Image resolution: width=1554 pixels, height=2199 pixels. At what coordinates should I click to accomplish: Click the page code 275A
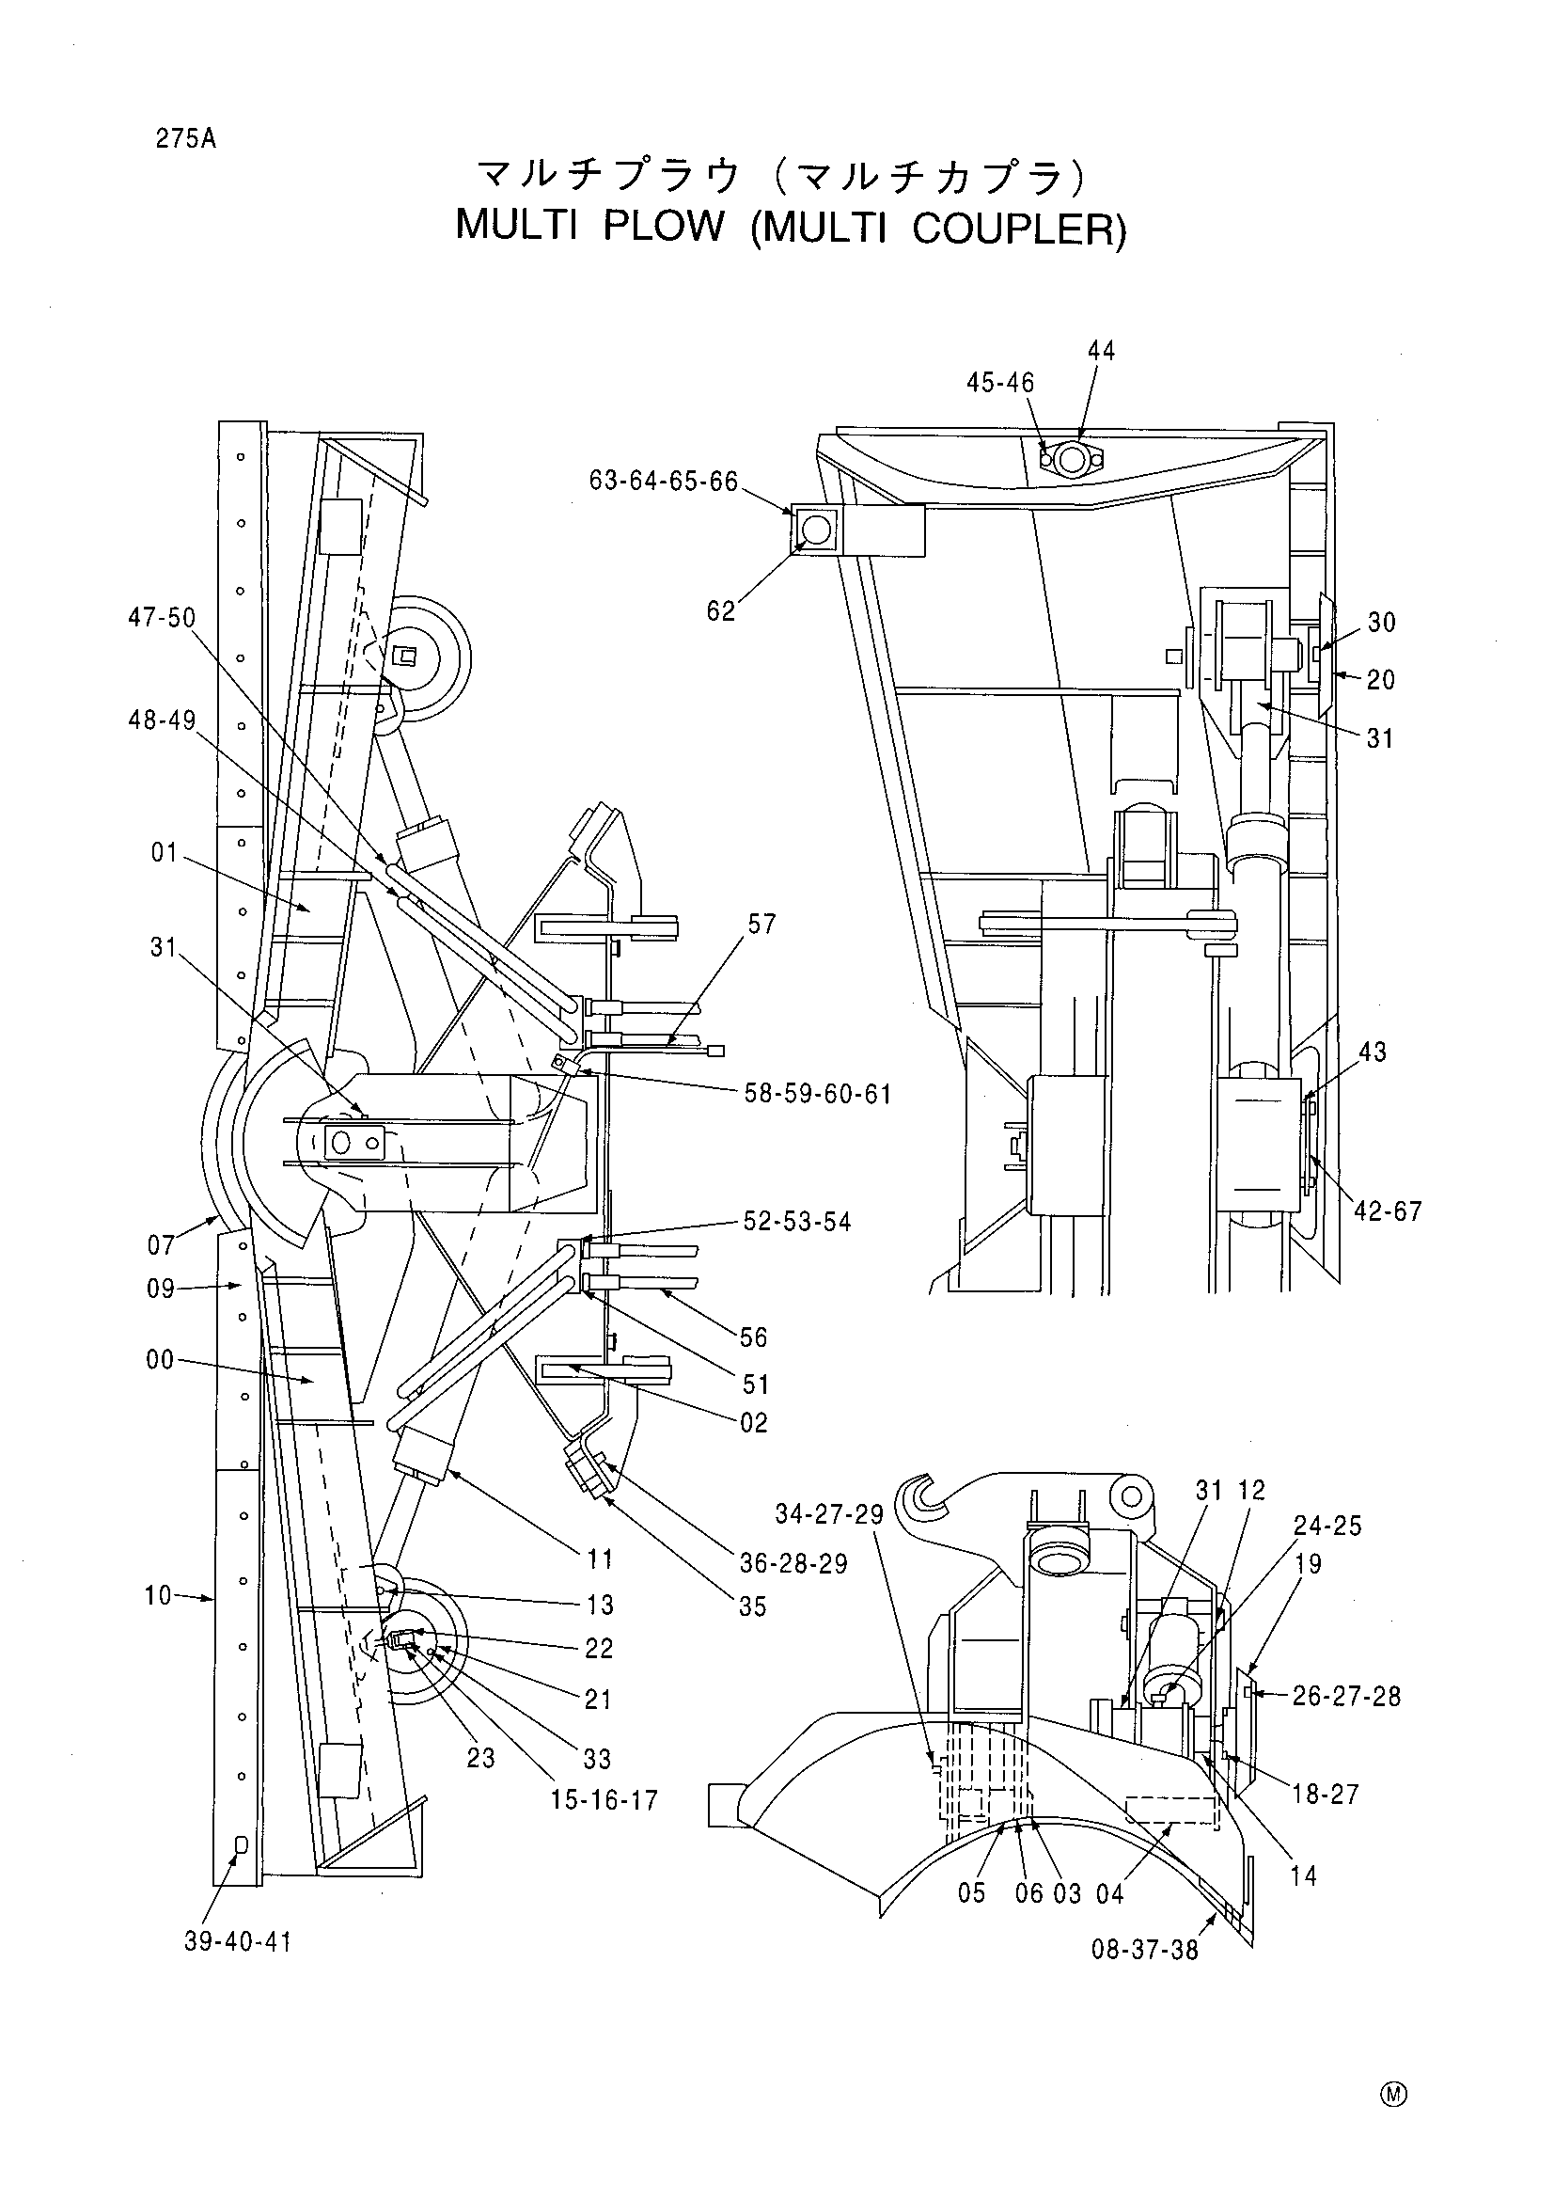187,139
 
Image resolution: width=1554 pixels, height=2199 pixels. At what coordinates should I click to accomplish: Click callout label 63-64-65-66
664,481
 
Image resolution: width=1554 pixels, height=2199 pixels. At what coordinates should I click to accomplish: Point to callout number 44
1101,352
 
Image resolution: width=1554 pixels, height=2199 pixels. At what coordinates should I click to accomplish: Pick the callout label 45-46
1000,383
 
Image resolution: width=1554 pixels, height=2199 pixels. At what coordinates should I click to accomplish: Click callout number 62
721,611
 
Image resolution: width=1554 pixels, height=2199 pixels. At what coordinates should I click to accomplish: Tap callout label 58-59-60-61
818,1094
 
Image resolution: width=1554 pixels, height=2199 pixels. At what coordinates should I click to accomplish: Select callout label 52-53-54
797,1222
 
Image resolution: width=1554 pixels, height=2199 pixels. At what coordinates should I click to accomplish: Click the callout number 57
762,925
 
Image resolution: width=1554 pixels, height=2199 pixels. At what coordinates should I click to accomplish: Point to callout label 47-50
162,618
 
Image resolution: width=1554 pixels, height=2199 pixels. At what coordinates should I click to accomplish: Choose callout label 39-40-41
239,1942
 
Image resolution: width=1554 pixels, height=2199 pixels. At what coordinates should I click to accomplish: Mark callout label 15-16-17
604,1800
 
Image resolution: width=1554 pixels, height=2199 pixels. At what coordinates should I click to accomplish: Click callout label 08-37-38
1145,1950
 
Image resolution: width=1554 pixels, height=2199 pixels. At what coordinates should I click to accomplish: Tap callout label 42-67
1389,1211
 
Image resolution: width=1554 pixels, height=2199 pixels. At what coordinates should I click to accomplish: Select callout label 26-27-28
1346,1697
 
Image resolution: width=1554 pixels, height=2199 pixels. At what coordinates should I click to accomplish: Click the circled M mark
1393,2095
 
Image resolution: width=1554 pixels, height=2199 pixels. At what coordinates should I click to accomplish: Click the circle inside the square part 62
816,530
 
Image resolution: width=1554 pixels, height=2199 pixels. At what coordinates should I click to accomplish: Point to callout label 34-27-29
829,1515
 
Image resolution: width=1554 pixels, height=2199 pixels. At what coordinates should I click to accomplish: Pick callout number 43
1372,1052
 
